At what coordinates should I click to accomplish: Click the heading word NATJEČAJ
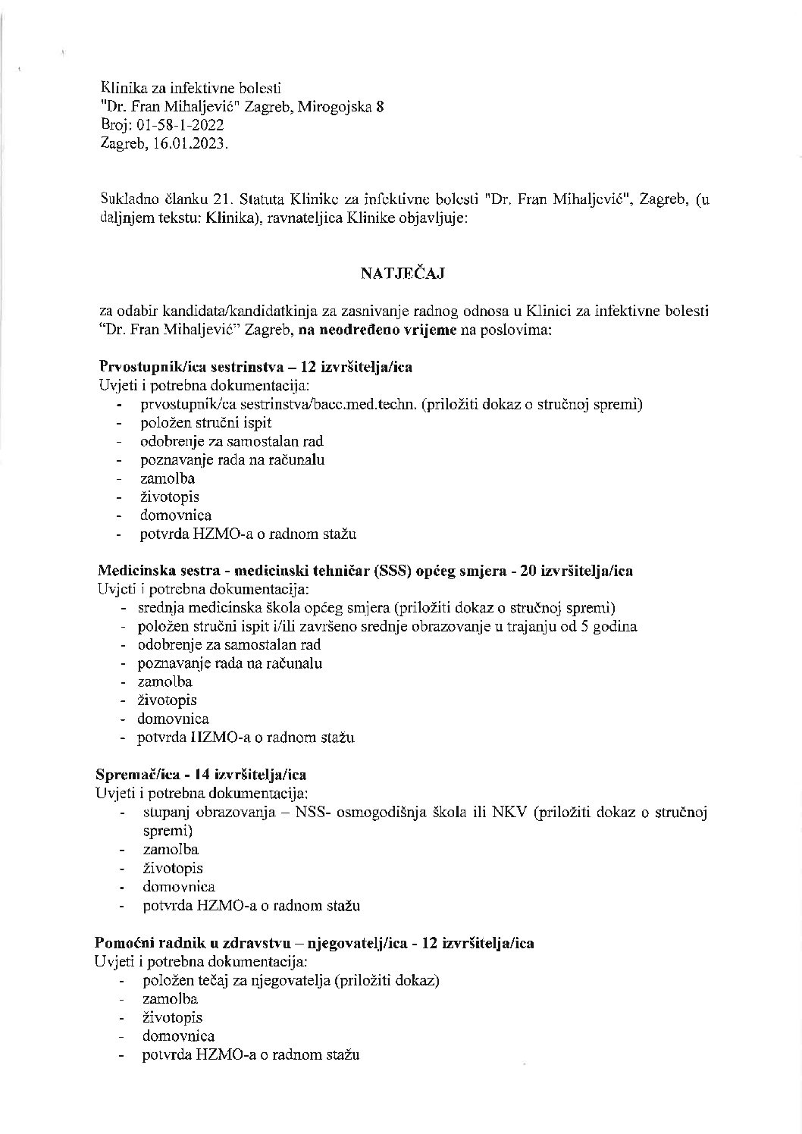[x=402, y=274]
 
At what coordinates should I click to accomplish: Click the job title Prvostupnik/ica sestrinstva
[x=193, y=367]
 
